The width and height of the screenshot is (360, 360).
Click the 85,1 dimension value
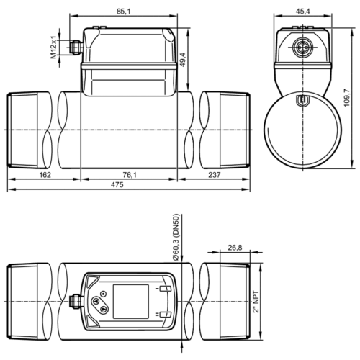click(123, 12)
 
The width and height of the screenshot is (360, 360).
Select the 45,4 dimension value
click(302, 12)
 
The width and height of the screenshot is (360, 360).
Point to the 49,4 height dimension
click(183, 60)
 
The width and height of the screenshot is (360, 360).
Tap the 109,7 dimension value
click(347, 98)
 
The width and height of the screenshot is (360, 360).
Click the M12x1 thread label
click(53, 48)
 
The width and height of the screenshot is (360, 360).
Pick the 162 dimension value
click(45, 175)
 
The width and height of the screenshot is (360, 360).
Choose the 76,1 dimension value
click(130, 175)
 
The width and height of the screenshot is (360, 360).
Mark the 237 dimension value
click(214, 175)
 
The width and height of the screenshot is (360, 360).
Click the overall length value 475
click(117, 184)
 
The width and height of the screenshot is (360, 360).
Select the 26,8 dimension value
click(235, 248)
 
